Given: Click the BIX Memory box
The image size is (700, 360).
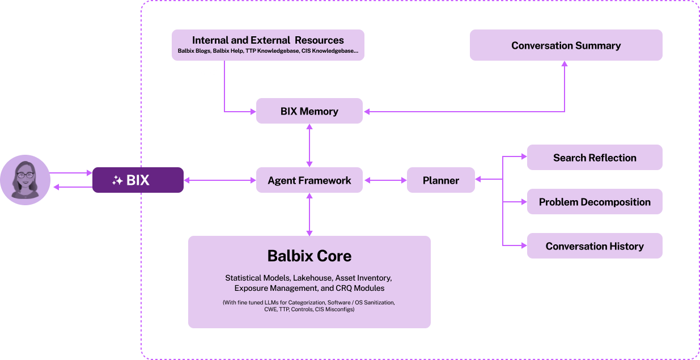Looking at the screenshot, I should [x=309, y=111].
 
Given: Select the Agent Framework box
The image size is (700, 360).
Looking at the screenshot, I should [x=309, y=180].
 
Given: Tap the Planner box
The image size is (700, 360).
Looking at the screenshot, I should [x=440, y=180].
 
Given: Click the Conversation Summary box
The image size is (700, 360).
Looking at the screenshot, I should [x=566, y=45].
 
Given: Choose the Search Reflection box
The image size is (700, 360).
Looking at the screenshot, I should [x=595, y=158].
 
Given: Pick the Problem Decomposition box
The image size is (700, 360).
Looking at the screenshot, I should [x=595, y=202].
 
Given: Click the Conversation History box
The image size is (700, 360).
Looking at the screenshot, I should [x=595, y=246].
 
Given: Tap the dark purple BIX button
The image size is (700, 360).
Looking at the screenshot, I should [x=138, y=180].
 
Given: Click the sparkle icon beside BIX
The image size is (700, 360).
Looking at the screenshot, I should [x=117, y=181].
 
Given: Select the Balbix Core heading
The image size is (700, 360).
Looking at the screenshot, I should [x=309, y=256].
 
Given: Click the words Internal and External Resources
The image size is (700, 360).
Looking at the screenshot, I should [x=268, y=40].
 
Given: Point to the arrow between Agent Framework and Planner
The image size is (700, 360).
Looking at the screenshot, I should [x=385, y=180].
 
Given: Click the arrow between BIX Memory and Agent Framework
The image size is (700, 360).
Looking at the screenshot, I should [x=309, y=145].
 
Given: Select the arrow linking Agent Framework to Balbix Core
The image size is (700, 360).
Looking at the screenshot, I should [x=309, y=214].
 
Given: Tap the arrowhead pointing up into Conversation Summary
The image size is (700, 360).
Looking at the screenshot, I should [x=565, y=64].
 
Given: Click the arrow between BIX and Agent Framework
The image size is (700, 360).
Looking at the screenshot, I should [x=220, y=180].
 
